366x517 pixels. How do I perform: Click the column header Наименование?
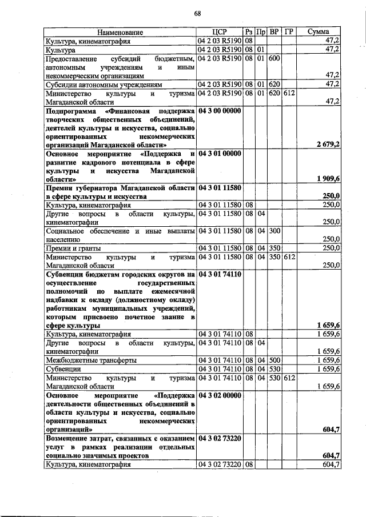pos(120,33)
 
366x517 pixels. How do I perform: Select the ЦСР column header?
pos(220,33)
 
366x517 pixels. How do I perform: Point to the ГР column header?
pos(288,33)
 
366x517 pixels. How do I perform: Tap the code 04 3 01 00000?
pos(220,154)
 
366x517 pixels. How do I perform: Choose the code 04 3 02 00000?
pos(220,395)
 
